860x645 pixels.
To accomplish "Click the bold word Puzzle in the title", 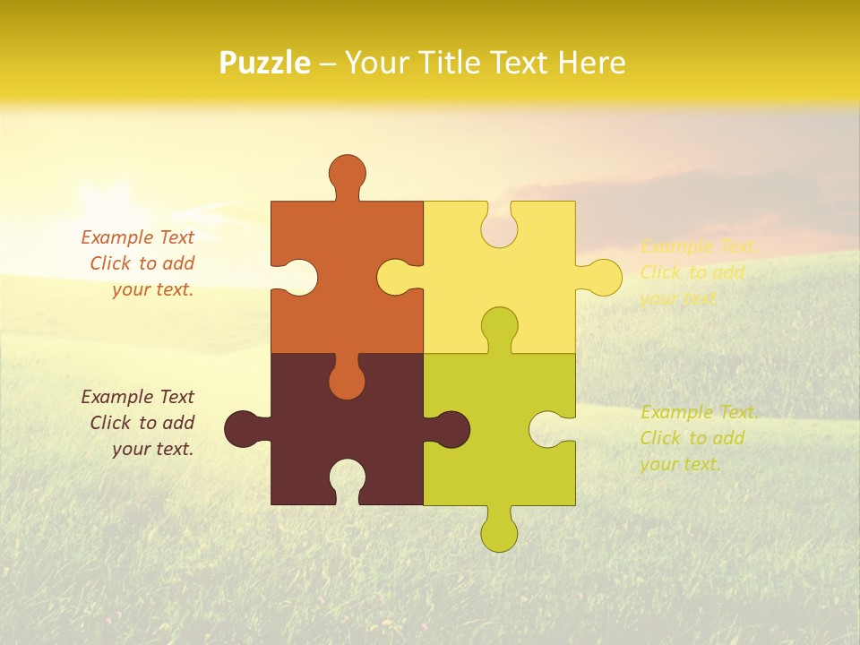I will pos(265,63).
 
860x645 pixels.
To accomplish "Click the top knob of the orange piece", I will pos(347,172).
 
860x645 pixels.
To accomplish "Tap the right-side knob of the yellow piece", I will pos(602,277).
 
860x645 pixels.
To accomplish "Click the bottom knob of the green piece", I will pos(499,532).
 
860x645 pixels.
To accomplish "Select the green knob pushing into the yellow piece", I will pos(499,325).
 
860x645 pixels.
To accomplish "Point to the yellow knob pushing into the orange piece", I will pos(397,277).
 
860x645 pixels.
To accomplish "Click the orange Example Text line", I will pos(137,237).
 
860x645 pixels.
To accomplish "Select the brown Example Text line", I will pos(137,397).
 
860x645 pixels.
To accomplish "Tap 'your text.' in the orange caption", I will pos(152,289).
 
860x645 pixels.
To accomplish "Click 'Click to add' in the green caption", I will pos(692,438).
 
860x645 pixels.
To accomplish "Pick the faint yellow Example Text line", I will pos(699,246).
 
